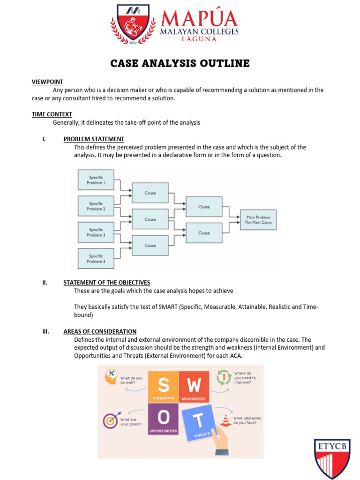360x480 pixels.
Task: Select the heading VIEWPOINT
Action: click(47, 82)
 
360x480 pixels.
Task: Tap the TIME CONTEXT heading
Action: click(52, 114)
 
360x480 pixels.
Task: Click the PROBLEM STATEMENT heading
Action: click(94, 139)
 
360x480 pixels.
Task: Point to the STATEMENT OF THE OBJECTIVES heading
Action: click(107, 283)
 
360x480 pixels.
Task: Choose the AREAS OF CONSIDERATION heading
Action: click(100, 331)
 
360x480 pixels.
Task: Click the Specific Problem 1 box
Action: click(96, 180)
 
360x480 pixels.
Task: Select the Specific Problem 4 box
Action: click(96, 259)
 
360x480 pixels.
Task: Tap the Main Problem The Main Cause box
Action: click(258, 220)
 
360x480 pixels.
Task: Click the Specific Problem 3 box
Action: click(96, 232)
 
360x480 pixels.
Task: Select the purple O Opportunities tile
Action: click(163, 419)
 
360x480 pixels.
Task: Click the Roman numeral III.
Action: click(46, 331)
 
